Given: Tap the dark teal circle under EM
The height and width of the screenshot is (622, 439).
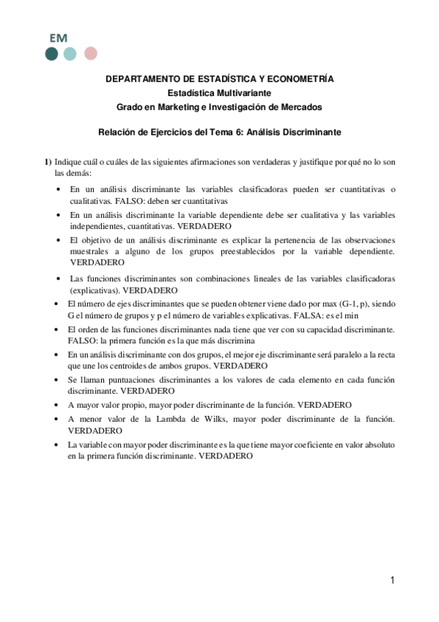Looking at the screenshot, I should pos(51,53).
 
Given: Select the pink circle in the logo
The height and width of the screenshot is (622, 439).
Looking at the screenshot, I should pos(90,53).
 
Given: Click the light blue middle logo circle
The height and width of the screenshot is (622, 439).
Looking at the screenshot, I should pos(70,53).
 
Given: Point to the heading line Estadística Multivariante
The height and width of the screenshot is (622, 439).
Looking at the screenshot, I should pos(220,93).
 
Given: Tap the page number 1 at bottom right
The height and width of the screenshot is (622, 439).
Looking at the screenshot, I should pos(393,581).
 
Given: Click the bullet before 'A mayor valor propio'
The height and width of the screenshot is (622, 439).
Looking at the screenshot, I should pos(58,406).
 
